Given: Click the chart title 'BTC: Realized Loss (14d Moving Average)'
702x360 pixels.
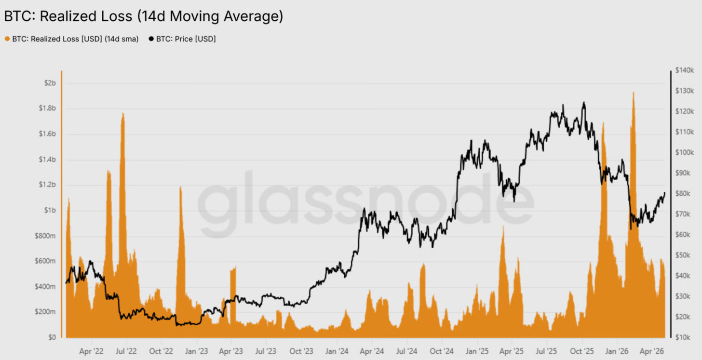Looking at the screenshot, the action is tap(144, 16).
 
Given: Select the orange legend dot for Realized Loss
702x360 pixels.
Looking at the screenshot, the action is tap(7, 39).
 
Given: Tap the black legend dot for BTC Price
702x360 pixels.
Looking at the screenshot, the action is tap(151, 39).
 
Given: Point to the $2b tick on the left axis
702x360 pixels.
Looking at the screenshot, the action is tap(50, 83).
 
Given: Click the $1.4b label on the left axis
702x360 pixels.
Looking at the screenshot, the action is tap(47, 160).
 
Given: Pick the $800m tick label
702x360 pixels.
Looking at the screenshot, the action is tap(45, 236).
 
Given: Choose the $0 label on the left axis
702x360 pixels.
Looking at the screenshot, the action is tap(52, 337).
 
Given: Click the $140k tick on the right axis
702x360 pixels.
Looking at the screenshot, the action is tap(685, 70).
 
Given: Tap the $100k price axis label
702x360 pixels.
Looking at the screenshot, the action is tap(685, 152).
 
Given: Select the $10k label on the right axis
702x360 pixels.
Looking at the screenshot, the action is tap(683, 337).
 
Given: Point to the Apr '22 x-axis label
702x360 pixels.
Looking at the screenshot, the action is tap(91, 351).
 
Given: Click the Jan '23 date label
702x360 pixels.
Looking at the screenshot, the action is tap(197, 351).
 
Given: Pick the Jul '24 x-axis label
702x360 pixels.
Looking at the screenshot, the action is tap(406, 351).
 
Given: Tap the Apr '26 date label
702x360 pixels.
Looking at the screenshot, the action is tap(652, 351).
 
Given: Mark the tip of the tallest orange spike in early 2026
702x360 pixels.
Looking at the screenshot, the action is tap(634, 92).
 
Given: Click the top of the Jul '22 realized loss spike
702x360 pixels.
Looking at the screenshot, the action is tap(123, 113).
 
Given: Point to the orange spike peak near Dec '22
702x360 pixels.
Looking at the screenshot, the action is tap(180, 187).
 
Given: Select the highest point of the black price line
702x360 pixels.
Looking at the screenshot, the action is tap(584, 102).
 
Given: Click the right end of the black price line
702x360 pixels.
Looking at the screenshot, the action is tap(665, 193).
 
